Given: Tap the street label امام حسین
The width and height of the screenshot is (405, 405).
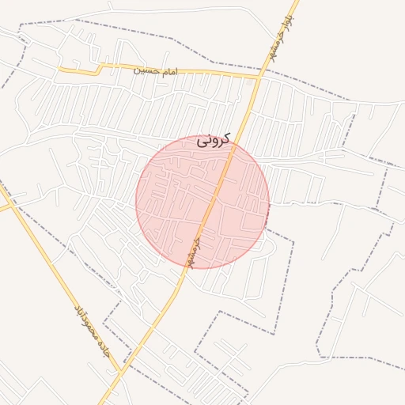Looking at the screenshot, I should (155, 71).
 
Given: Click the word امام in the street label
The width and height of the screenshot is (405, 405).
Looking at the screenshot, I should (168, 72).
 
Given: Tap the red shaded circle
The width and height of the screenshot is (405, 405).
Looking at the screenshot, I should (202, 202).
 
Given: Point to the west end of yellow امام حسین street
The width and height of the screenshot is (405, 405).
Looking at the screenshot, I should (60, 70).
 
